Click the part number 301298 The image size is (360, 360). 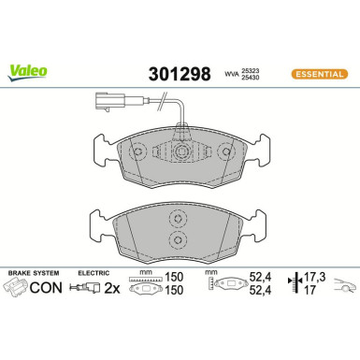(180, 71)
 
